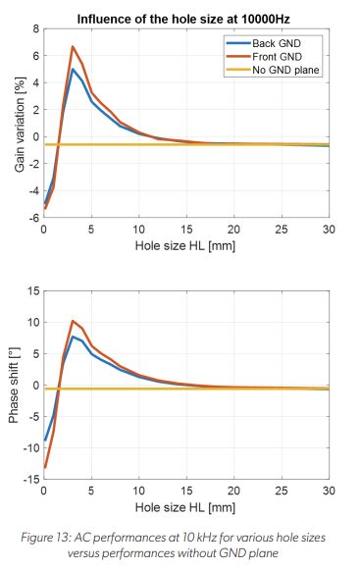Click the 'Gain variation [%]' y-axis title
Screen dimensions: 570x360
[18, 124]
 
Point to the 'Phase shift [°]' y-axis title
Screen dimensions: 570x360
[14, 386]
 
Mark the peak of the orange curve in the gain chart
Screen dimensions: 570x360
[73, 46]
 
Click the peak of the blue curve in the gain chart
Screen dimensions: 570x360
[73, 69]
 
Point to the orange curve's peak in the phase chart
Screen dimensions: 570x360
[73, 320]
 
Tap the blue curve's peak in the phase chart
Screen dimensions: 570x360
[73, 337]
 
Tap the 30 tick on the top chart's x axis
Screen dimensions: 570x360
[329, 230]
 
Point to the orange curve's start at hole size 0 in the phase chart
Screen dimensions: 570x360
[44, 469]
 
